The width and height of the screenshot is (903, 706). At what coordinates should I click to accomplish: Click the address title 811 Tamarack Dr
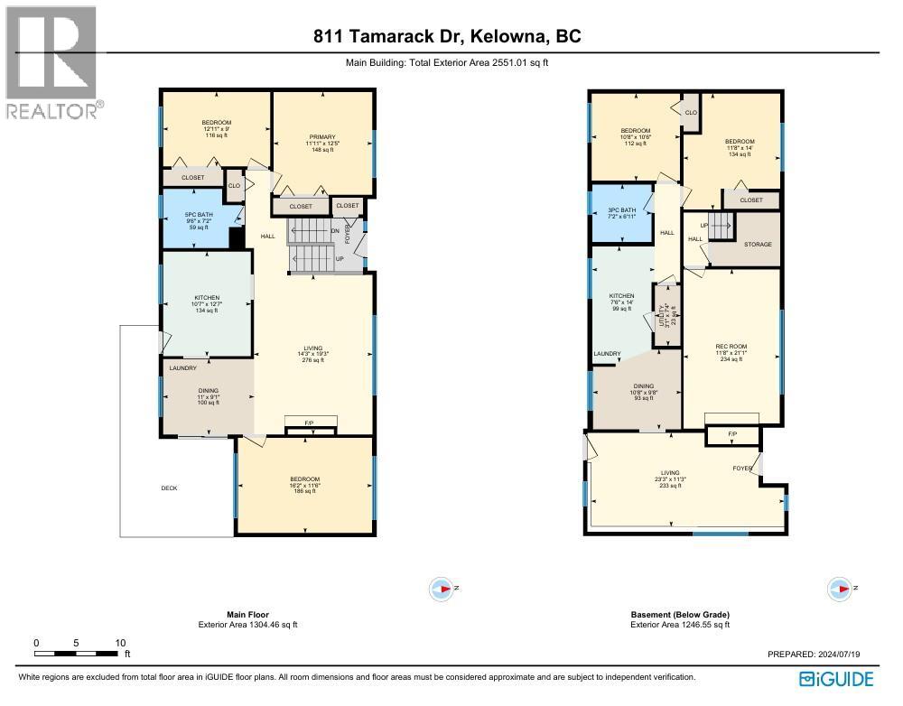pos(448,36)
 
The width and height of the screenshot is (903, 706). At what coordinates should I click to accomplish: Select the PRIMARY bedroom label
pos(321,136)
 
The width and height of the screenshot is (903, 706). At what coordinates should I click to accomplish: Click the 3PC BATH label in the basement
pos(622,209)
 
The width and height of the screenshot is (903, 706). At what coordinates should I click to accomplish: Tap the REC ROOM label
pos(731,347)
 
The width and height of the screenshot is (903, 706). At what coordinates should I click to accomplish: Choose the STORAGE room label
pos(756,245)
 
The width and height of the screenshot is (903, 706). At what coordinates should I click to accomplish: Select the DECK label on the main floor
pos(169,488)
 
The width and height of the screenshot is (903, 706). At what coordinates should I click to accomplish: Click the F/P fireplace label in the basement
pos(732,435)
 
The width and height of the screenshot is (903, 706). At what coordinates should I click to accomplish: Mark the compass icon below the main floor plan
pos(441,589)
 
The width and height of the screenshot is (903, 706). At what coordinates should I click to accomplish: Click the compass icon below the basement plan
pos(840,590)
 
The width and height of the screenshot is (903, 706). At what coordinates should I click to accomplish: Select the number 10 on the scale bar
pos(120,643)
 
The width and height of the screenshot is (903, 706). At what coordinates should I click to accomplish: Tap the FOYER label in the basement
pos(742,468)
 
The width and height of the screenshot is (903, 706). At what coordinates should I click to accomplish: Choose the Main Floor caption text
pos(247,615)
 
